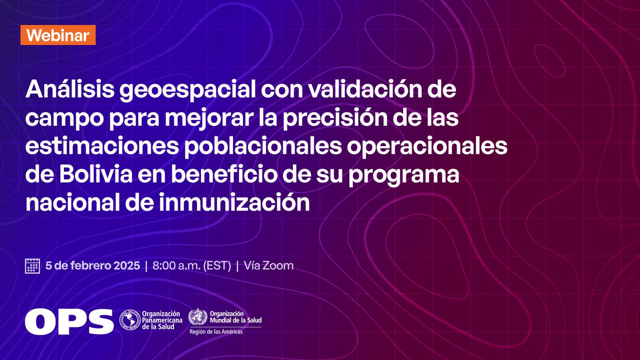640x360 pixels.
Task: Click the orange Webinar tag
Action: [x=58, y=35]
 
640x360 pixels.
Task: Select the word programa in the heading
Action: [x=403, y=176]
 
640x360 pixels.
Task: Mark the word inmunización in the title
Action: [x=234, y=203]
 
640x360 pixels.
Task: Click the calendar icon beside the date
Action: [x=32, y=266]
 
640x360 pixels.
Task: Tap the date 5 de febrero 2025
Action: [x=93, y=266]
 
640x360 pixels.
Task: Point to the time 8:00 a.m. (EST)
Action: [x=192, y=266]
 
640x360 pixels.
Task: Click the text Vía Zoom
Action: [x=269, y=266]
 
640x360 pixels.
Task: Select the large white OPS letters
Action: [x=69, y=321]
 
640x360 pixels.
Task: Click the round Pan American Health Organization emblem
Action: [x=130, y=319]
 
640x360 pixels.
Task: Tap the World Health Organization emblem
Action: [x=197, y=317]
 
